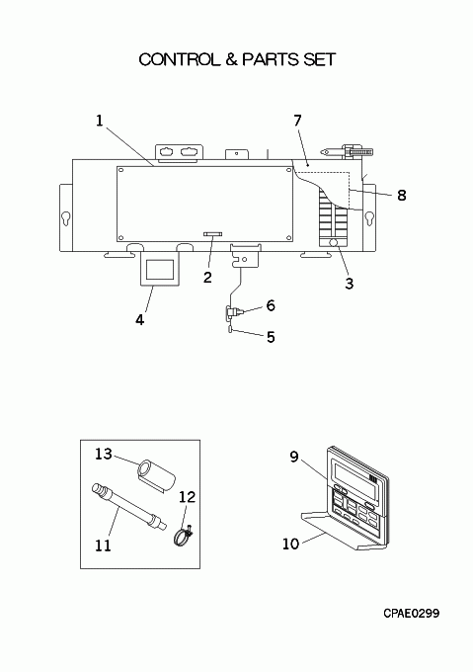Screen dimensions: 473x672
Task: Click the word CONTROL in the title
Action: tap(178, 59)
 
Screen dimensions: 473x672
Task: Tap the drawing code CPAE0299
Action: tap(412, 614)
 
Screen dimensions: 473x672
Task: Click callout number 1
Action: tap(100, 121)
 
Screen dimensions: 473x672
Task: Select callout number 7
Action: tap(298, 121)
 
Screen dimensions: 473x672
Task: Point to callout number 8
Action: tap(402, 195)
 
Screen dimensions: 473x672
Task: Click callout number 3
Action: tap(350, 284)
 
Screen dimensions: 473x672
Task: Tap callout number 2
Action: tap(207, 278)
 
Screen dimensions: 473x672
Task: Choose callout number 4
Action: tap(140, 320)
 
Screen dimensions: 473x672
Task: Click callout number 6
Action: tap(271, 305)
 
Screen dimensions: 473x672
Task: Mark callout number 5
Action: tap(271, 337)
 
